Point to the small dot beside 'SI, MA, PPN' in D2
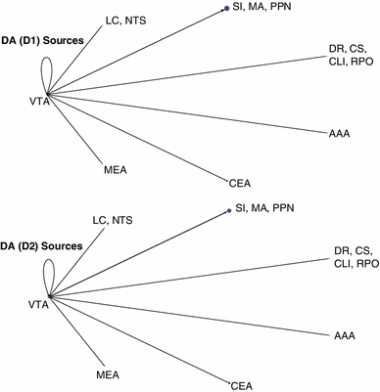pos(228,209)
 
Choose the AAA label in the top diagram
pos(342,133)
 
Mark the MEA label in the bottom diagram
pos(108,374)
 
